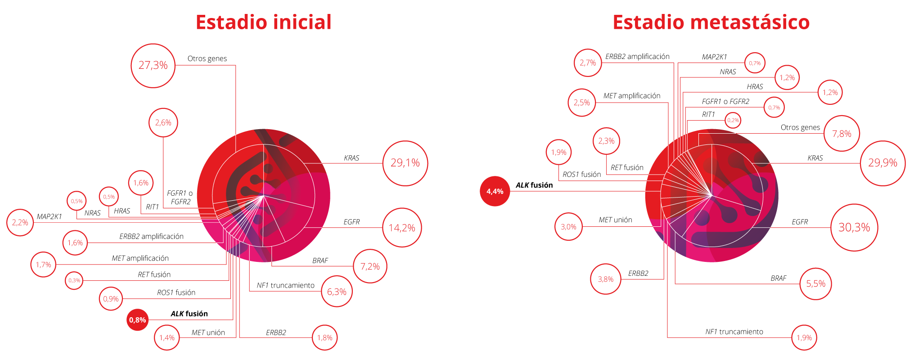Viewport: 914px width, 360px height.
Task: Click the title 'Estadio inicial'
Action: pos(263,22)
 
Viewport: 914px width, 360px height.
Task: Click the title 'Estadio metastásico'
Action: pos(711,22)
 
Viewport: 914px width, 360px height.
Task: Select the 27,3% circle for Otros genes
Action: pos(153,65)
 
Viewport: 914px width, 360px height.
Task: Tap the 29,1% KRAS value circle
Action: pos(405,163)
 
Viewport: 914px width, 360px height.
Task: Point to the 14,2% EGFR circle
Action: pos(402,228)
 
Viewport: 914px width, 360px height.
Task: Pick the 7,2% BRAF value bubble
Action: pos(370,266)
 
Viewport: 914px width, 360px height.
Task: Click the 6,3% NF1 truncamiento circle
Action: pos(337,292)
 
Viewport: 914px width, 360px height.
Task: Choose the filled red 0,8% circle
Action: pos(138,320)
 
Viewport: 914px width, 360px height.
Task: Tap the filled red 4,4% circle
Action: pos(495,191)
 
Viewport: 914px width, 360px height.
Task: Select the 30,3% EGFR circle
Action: pos(854,228)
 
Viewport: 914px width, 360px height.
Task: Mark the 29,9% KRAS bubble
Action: pos(882,163)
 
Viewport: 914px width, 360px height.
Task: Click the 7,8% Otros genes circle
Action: pos(842,134)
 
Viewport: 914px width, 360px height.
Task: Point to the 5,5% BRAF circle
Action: pos(815,283)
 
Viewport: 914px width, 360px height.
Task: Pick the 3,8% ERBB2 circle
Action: pos(606,279)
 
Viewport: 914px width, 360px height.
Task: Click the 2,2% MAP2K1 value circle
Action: pos(20,222)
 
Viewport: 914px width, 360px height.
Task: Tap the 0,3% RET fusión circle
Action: pos(74,281)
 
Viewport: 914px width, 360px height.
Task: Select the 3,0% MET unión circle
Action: pos(568,227)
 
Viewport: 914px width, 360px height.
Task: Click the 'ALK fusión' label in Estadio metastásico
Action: pos(534,185)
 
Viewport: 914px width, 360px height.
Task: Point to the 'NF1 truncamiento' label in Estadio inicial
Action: pos(285,285)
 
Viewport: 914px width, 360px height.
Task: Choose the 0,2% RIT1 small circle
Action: pos(733,120)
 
